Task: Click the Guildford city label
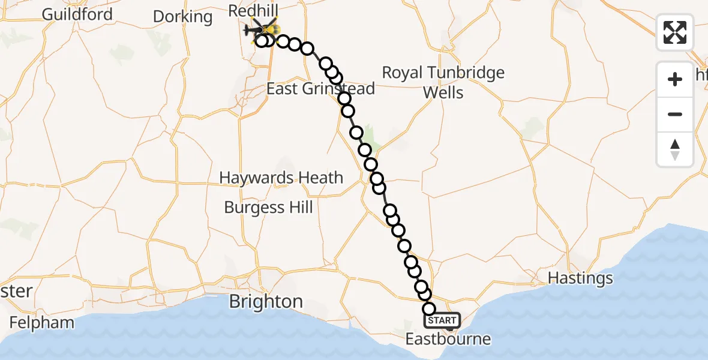[77, 14]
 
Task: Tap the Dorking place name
[182, 16]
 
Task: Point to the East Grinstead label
[320, 89]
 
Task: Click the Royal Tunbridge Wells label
[443, 82]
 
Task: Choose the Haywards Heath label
[281, 178]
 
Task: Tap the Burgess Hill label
[268, 208]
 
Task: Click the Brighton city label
[266, 301]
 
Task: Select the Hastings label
[581, 278]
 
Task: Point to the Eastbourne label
[448, 339]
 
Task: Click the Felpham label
[42, 322]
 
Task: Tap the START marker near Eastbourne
[443, 321]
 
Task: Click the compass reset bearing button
[675, 149]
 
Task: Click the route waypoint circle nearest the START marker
[429, 309]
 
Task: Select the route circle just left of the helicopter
[262, 41]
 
